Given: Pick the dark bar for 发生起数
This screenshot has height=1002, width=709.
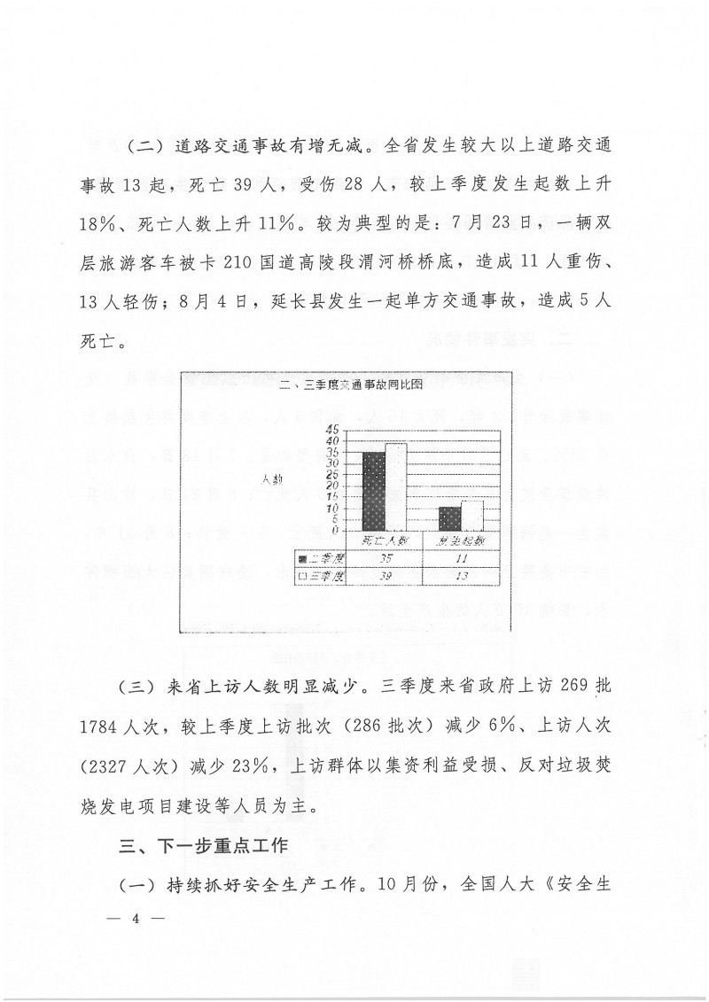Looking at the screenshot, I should coord(450,519).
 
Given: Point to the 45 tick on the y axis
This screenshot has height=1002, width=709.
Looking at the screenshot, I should coord(331,431).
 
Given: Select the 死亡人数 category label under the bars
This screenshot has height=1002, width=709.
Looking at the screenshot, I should coord(385,540).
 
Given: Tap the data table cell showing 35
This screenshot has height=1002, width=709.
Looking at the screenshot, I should coord(385,558).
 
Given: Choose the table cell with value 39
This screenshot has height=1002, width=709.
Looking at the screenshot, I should coord(385,576).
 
